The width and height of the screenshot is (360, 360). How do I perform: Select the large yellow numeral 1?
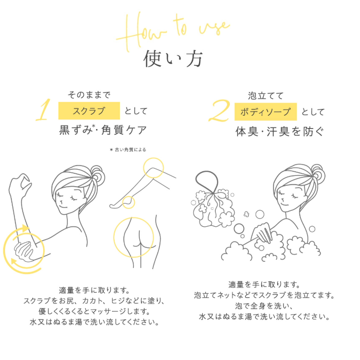44,110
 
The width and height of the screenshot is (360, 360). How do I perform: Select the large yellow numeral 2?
219,110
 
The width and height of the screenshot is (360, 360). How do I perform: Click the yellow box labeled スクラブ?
89,111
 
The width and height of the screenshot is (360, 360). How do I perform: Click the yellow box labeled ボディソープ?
266,111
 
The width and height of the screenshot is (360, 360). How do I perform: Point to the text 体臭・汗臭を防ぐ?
280,130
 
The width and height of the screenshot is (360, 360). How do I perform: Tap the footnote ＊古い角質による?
128,150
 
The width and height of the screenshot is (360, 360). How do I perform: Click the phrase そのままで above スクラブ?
89,95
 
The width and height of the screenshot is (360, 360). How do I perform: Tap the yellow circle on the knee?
154,168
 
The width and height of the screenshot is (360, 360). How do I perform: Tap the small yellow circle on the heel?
128,202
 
